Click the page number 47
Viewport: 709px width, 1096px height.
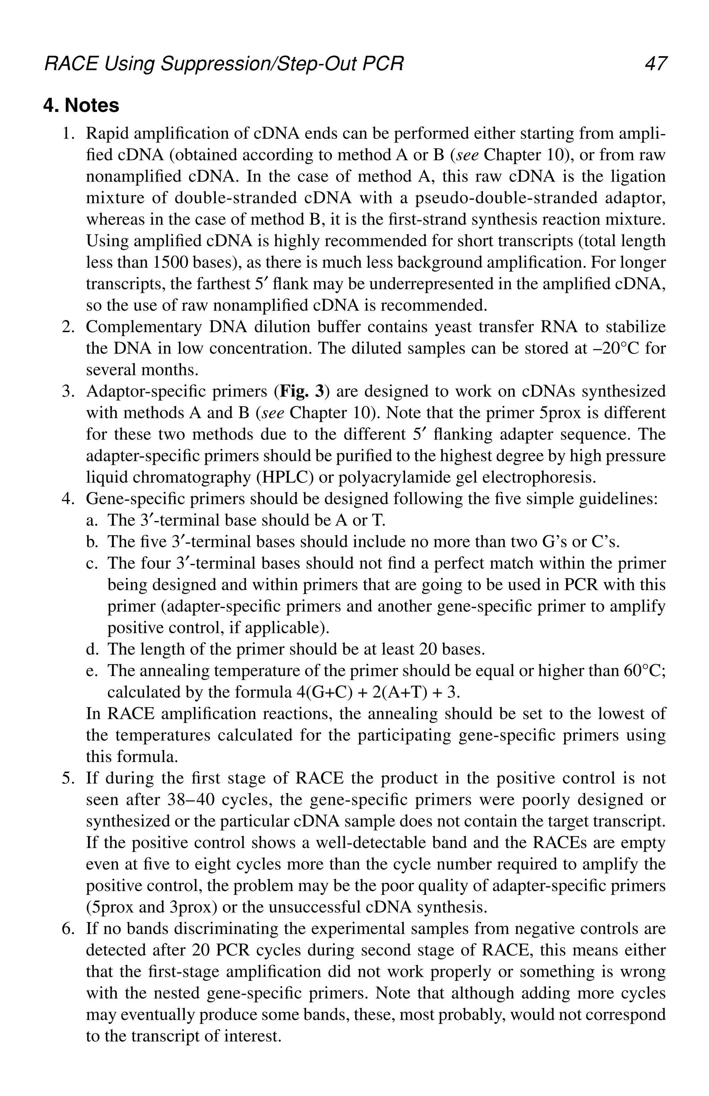coord(655,63)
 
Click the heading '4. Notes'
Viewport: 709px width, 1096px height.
coord(81,105)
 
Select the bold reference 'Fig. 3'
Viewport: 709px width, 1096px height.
coord(300,391)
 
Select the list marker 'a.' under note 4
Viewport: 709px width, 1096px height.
coord(91,520)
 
